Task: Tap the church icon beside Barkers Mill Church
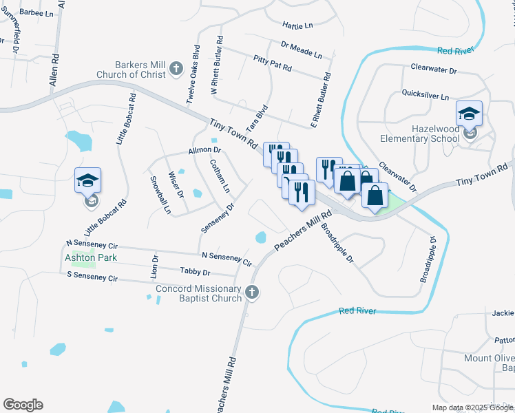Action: click(x=176, y=69)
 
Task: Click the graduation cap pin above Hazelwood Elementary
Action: click(x=470, y=114)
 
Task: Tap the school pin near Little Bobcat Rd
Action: click(x=88, y=180)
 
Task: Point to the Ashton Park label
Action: click(x=91, y=257)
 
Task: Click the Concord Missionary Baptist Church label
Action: click(x=199, y=293)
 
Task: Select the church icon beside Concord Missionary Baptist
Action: click(x=252, y=293)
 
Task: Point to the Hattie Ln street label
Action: click(x=297, y=25)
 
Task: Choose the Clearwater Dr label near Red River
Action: click(x=434, y=70)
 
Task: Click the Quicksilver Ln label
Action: click(x=425, y=97)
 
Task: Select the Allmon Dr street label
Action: click(x=204, y=149)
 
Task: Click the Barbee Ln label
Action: click(x=36, y=13)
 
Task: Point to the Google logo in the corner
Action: click(x=23, y=405)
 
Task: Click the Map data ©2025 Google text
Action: click(x=473, y=407)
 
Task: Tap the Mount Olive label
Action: click(x=489, y=359)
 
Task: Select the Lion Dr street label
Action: click(x=155, y=267)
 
